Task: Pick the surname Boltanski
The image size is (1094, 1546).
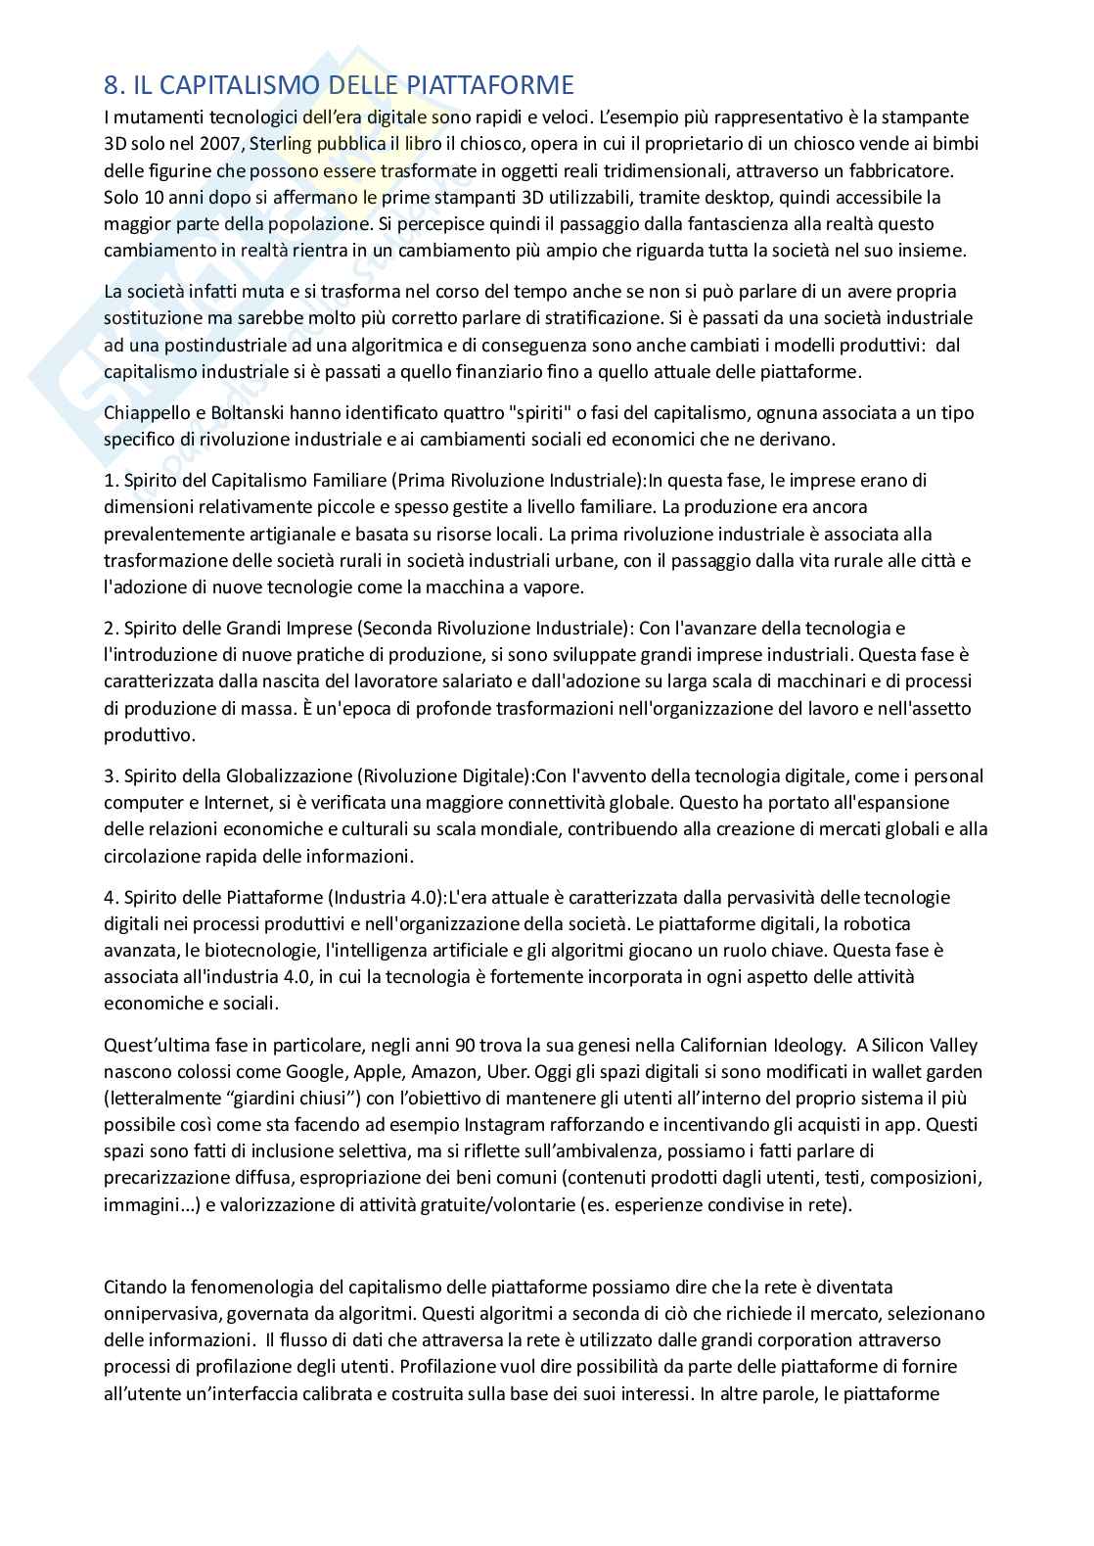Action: coord(255,412)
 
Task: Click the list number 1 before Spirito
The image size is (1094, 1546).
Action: coord(109,481)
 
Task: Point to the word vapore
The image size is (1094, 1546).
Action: coord(555,587)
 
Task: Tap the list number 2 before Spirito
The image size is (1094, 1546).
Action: coord(110,628)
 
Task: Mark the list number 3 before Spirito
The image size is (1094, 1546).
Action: coord(110,776)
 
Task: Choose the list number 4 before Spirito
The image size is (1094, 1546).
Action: coord(110,898)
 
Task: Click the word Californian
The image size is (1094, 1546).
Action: coord(714,1019)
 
